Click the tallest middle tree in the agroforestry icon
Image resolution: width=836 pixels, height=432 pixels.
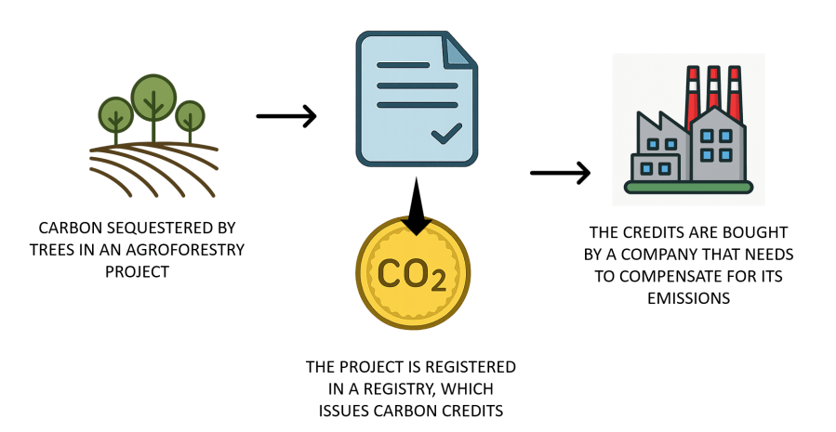153,96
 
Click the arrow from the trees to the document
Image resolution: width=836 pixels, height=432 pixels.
285,116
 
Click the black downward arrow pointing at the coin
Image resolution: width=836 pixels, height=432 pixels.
417,207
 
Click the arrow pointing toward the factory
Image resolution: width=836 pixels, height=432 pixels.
560,173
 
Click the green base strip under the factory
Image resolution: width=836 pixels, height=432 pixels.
688,188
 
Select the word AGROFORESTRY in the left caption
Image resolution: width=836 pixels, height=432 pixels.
191,249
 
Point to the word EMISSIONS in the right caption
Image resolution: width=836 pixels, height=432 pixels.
688,297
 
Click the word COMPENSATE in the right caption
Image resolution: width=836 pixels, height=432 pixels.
697,275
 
